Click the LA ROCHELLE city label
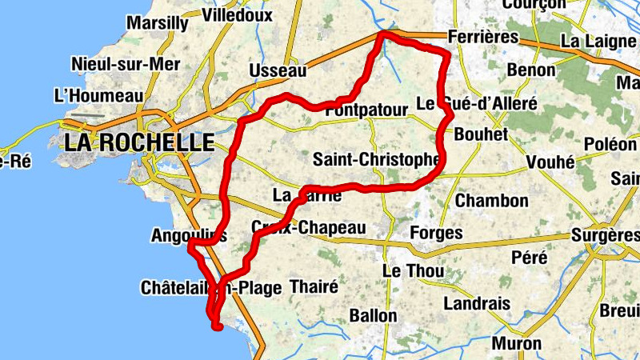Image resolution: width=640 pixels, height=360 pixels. [140, 143]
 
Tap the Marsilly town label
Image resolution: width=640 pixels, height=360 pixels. [158, 22]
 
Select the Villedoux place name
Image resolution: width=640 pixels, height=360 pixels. [238, 15]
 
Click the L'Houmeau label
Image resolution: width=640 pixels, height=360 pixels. [98, 96]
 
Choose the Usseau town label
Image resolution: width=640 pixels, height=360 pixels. [278, 71]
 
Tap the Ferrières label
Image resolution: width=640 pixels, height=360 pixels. [483, 38]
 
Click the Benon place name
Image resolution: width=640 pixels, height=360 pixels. [530, 70]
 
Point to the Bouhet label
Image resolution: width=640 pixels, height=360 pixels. [481, 134]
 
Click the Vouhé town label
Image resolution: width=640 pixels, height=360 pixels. [551, 162]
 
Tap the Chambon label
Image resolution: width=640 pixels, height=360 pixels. [492, 200]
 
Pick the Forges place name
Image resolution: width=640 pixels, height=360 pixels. [436, 234]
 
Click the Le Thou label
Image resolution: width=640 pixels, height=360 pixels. [414, 271]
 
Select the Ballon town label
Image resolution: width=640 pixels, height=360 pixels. [373, 315]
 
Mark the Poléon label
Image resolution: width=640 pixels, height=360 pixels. [611, 144]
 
